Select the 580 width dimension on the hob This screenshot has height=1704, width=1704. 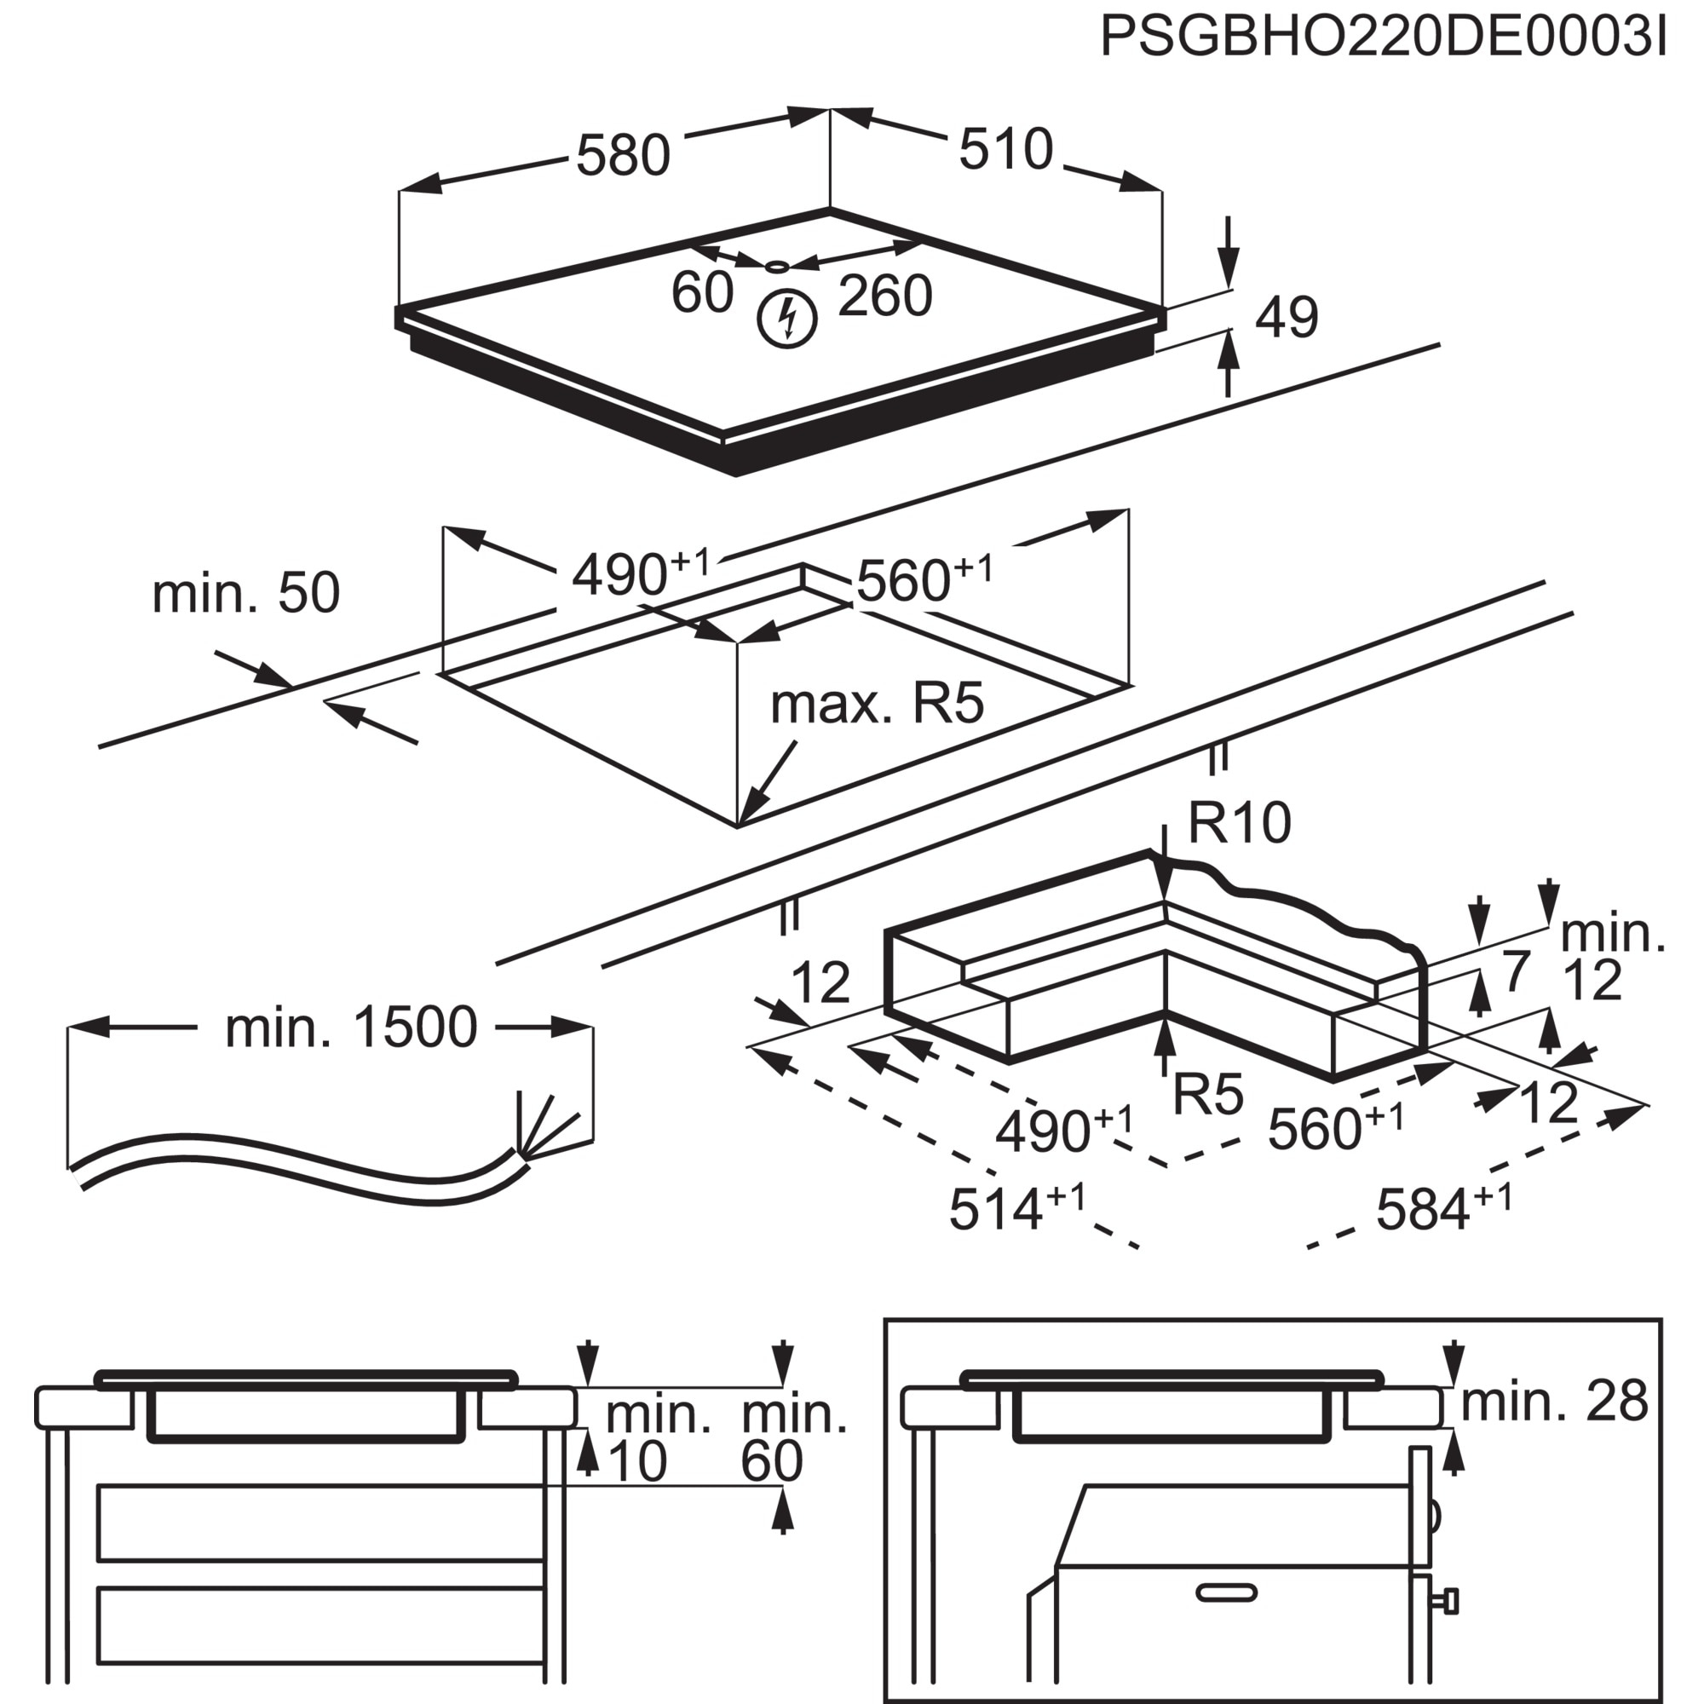pyautogui.click(x=623, y=156)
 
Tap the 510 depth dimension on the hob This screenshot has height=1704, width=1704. pyautogui.click(x=1005, y=149)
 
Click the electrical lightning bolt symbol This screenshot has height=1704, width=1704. pyautogui.click(x=787, y=319)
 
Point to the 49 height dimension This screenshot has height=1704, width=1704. pyautogui.click(x=1286, y=318)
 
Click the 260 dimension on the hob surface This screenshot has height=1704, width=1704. pyautogui.click(x=884, y=296)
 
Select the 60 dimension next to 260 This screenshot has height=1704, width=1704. pyautogui.click(x=701, y=292)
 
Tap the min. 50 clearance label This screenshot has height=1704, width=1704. pyautogui.click(x=245, y=593)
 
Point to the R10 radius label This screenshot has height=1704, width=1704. pyautogui.click(x=1238, y=823)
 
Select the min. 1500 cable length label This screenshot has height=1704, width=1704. pyautogui.click(x=350, y=1028)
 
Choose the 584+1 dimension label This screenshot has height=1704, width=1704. pyautogui.click(x=1443, y=1207)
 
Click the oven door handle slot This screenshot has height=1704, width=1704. pyautogui.click(x=1226, y=1593)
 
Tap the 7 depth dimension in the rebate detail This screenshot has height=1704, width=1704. pyautogui.click(x=1515, y=973)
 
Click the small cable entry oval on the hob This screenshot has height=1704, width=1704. pyautogui.click(x=777, y=267)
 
